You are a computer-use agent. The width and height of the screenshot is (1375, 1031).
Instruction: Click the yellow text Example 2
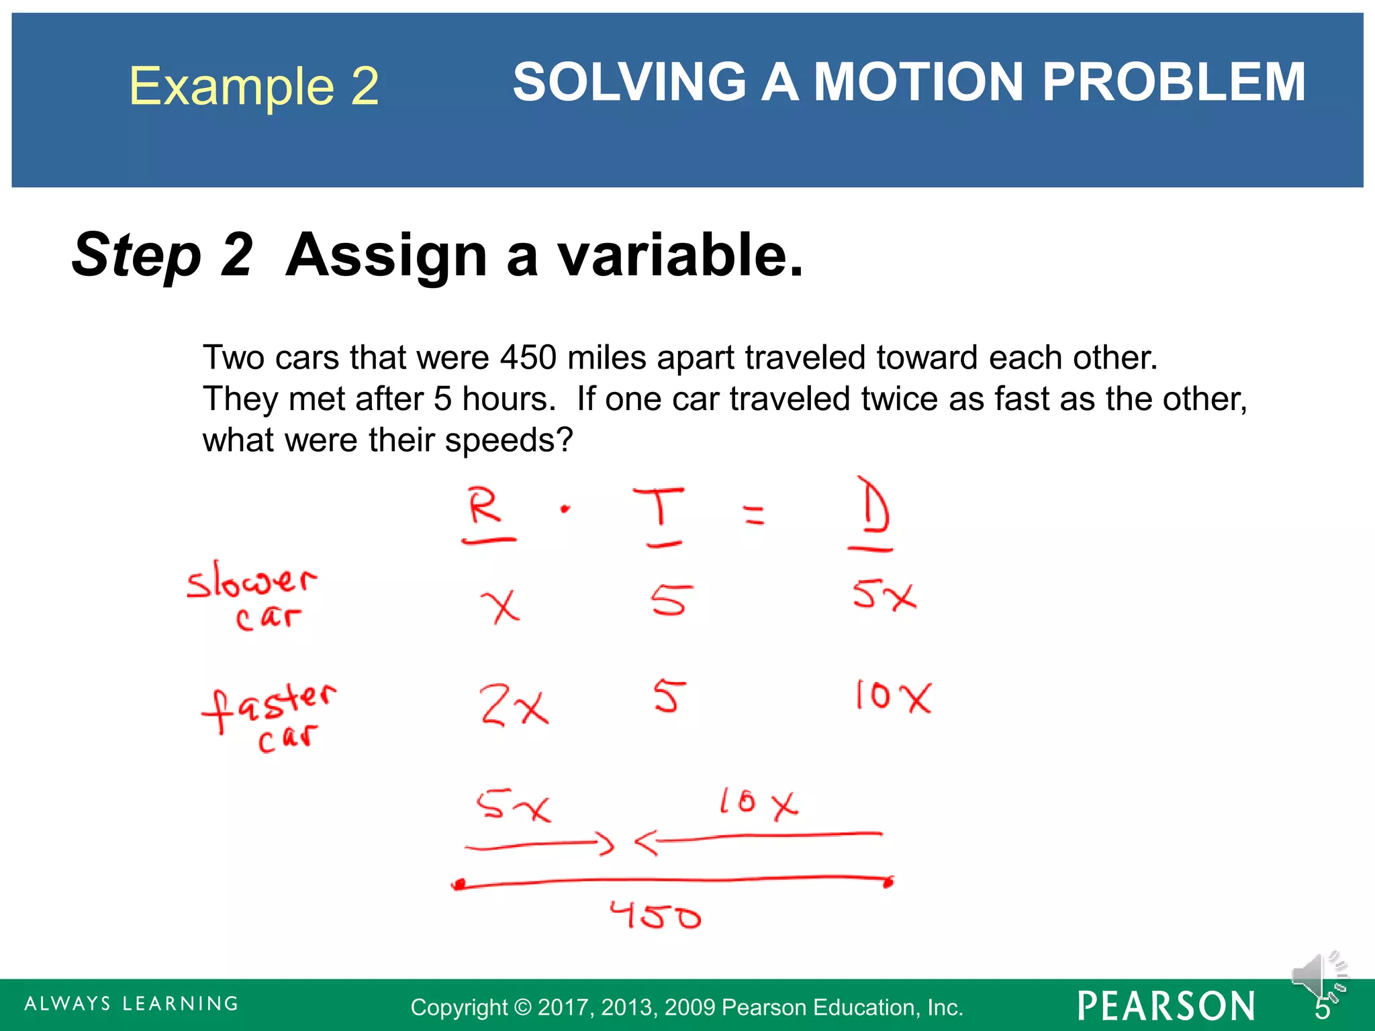(x=254, y=87)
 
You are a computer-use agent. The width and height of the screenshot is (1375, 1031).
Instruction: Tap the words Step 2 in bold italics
(x=162, y=255)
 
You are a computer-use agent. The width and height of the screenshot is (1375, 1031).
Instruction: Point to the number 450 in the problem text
(x=528, y=357)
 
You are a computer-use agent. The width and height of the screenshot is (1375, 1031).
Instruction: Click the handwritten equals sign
(x=755, y=514)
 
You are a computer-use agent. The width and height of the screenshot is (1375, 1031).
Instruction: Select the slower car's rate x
(x=501, y=605)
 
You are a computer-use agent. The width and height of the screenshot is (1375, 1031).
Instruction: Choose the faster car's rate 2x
(x=514, y=705)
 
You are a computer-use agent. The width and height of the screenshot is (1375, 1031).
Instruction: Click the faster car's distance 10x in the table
(x=894, y=697)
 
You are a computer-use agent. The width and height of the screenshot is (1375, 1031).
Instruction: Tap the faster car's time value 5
(x=669, y=696)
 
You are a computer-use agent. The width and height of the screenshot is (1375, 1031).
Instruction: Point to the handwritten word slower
(x=250, y=580)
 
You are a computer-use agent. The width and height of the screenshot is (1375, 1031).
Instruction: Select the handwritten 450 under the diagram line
(x=655, y=916)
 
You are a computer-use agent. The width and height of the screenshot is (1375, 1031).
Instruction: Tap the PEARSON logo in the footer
(x=1166, y=1006)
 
